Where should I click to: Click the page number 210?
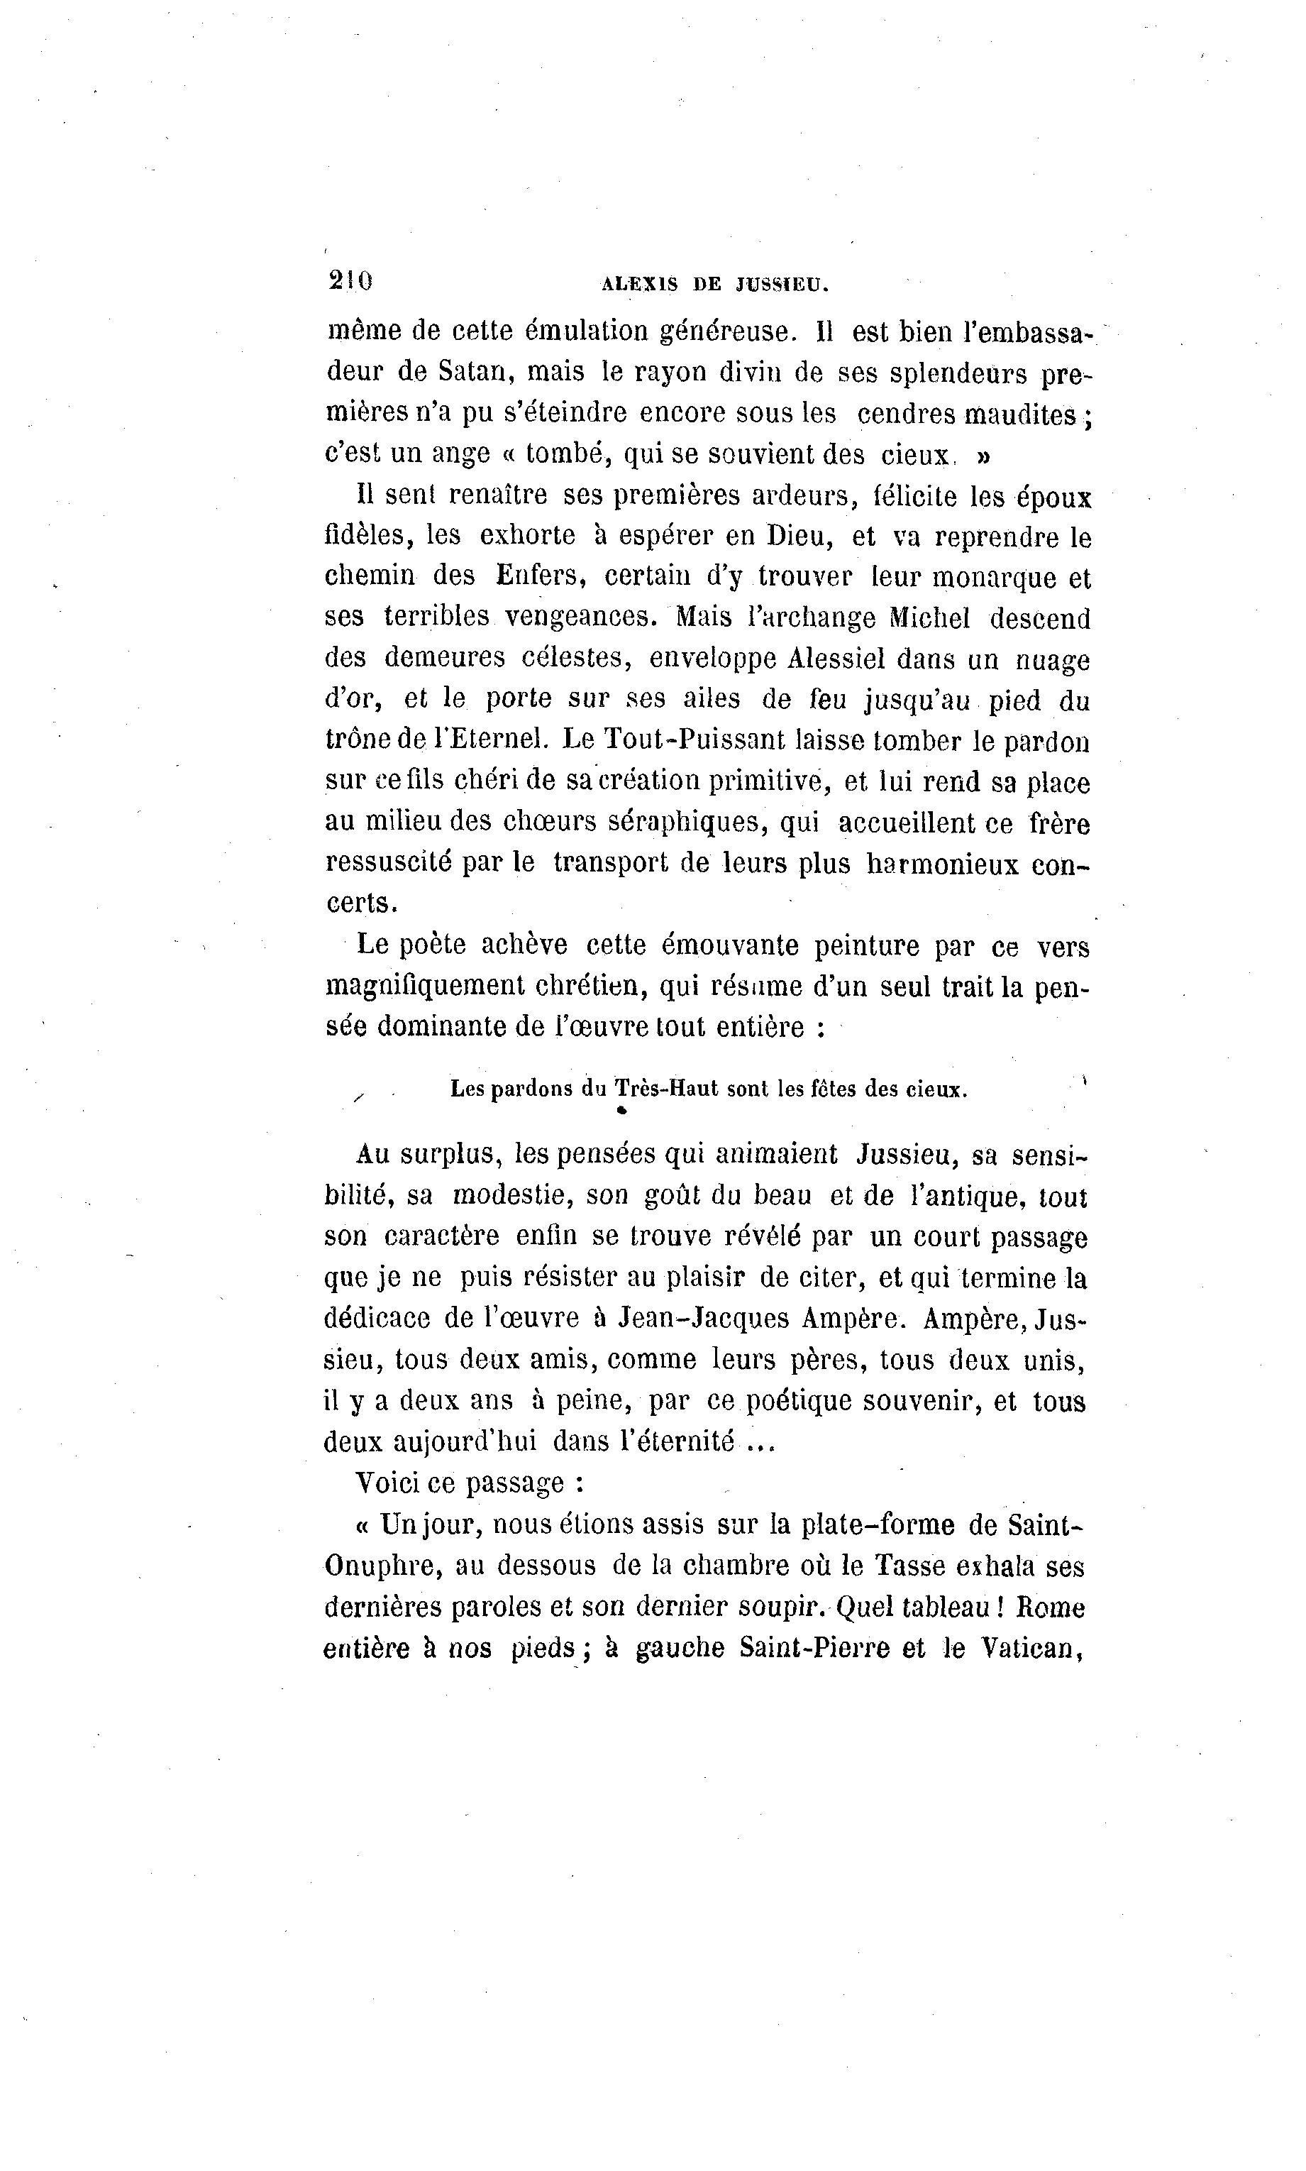[x=350, y=281]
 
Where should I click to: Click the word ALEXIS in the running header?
[x=639, y=285]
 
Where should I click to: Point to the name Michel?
[x=929, y=618]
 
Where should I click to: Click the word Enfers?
[x=541, y=577]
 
